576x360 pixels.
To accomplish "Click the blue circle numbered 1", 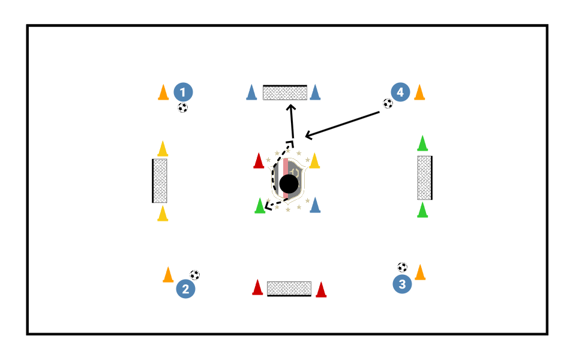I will click(183, 92).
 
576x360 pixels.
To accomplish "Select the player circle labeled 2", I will click(186, 290).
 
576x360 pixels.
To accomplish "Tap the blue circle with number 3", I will click(402, 284).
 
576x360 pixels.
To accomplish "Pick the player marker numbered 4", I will click(400, 92).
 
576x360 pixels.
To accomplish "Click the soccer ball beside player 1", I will click(183, 108).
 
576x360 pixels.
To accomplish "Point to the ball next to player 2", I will click(194, 275).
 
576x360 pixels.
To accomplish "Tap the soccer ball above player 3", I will click(402, 267).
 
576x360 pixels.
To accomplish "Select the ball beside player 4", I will click(388, 103).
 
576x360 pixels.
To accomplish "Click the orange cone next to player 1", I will click(163, 92).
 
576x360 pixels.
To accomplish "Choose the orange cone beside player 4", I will click(419, 92).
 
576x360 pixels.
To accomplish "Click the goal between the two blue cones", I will click(285, 92).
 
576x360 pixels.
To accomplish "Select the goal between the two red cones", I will click(289, 289).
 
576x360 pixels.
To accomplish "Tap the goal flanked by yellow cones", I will click(160, 181).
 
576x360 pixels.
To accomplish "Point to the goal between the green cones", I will click(425, 178).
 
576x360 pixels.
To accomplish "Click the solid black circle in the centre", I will click(289, 184).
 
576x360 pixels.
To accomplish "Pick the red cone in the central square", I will click(259, 161).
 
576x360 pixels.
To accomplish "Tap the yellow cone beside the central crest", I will click(314, 161).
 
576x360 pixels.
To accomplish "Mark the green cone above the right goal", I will click(422, 143).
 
